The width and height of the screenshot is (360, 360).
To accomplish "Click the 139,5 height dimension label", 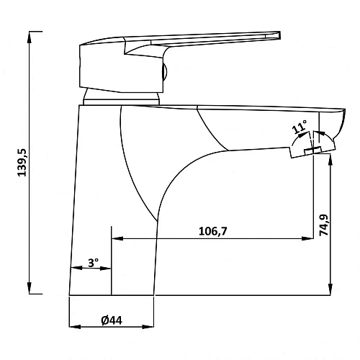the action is pyautogui.click(x=23, y=163).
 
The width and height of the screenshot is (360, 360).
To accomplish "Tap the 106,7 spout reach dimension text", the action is pyautogui.click(x=213, y=231).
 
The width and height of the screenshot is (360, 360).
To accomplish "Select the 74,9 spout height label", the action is pyautogui.click(x=324, y=225).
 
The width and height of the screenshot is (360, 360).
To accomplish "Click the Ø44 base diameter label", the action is pyautogui.click(x=112, y=320).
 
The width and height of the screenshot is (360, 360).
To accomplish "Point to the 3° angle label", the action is pyautogui.click(x=93, y=263).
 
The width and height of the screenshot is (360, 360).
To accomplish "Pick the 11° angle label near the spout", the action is pyautogui.click(x=300, y=127).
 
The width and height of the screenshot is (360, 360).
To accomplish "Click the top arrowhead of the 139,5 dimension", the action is pyautogui.click(x=30, y=37).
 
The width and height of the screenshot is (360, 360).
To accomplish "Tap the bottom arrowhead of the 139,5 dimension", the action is pyautogui.click(x=30, y=288).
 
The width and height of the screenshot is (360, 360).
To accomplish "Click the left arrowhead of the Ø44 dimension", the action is pyautogui.click(x=75, y=327).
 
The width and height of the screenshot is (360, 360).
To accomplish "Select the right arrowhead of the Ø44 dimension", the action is pyautogui.click(x=148, y=327).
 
